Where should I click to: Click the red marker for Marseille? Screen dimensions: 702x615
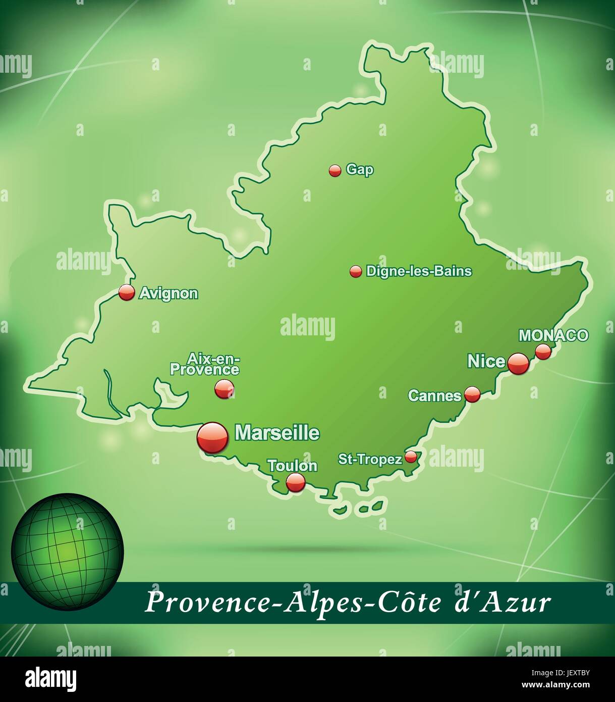[x=212, y=437]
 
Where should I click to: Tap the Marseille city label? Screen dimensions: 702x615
[x=277, y=433]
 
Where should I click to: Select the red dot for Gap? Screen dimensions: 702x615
[x=335, y=171]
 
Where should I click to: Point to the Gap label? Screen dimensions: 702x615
[x=360, y=170]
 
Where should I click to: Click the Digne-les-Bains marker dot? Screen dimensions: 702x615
[x=356, y=272]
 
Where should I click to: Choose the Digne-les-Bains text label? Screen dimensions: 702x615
[x=419, y=271]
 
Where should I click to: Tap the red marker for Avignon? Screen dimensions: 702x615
[x=127, y=292]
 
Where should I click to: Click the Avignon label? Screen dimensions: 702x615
[x=169, y=293]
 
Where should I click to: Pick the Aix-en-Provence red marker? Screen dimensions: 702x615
[x=224, y=389]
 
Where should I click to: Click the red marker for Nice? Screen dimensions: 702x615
[x=518, y=363]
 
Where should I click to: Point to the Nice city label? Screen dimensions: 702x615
[x=486, y=361]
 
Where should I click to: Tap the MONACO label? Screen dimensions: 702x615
[x=553, y=335]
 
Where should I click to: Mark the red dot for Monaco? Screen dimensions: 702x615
[x=543, y=351]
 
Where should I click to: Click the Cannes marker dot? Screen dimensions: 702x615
[x=472, y=394]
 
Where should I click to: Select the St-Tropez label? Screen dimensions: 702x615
[x=370, y=459]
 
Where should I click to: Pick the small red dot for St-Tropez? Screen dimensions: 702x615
[x=411, y=457]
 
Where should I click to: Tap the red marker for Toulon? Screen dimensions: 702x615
[x=296, y=482]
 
